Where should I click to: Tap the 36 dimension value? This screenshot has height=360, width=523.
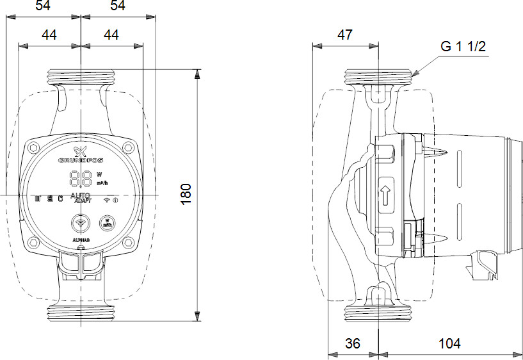(x=352, y=344)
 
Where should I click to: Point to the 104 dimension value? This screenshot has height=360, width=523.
(x=449, y=344)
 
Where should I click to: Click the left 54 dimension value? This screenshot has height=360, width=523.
(x=44, y=6)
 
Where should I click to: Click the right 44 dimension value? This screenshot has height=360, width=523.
(x=111, y=35)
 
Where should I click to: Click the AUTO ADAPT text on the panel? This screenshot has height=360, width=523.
(x=80, y=198)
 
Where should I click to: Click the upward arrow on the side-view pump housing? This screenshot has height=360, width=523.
(x=385, y=195)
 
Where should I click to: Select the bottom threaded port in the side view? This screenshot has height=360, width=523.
(x=379, y=315)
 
